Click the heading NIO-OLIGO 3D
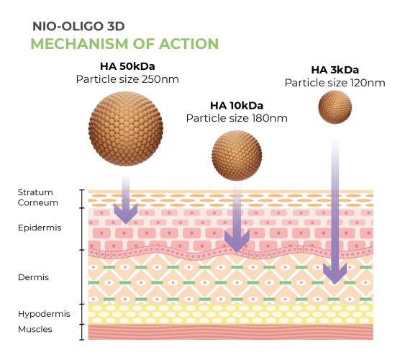point(78,27)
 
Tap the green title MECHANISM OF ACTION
point(124,44)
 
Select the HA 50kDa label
point(127,66)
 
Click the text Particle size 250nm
point(127,79)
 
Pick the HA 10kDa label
point(237,105)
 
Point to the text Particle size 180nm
point(237,118)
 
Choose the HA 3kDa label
point(335,70)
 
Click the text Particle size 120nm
point(335,83)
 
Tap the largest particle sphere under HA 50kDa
point(126,129)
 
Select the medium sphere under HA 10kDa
point(237,156)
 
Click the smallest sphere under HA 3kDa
point(335,107)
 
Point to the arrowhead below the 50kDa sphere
point(126,213)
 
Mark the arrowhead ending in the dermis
point(335,274)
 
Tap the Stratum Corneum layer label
point(37,197)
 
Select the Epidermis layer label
point(40,228)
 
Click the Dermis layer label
point(33,277)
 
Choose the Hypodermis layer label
point(44,314)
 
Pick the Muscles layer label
point(35,329)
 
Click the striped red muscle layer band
point(231,332)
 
